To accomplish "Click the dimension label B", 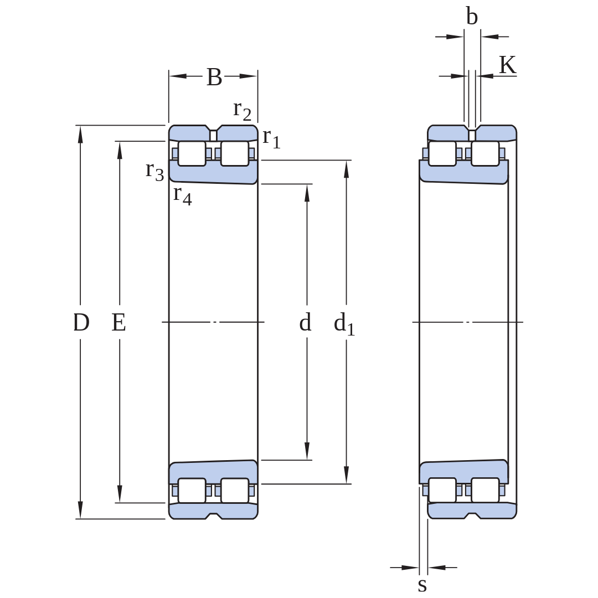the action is pyautogui.click(x=214, y=77).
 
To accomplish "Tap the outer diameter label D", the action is pyautogui.click(x=81, y=322).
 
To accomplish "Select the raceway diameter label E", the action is pyautogui.click(x=118, y=322).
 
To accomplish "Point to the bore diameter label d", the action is pyautogui.click(x=305, y=322).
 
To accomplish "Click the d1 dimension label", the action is pyautogui.click(x=344, y=324).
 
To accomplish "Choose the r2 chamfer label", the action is pyautogui.click(x=243, y=111).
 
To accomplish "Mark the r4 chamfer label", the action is pyautogui.click(x=183, y=195).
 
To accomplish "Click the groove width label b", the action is pyautogui.click(x=472, y=17).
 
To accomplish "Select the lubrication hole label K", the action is pyautogui.click(x=508, y=65).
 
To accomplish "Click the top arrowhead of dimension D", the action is pyautogui.click(x=80, y=134).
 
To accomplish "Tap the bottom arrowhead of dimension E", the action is pyautogui.click(x=120, y=494).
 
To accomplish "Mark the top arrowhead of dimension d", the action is pyautogui.click(x=307, y=193).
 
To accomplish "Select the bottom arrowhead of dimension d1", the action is pyautogui.click(x=346, y=475).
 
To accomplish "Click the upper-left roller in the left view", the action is pyautogui.click(x=192, y=154).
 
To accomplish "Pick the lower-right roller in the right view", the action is pyautogui.click(x=485, y=490).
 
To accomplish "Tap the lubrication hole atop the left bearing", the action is pyautogui.click(x=213, y=136).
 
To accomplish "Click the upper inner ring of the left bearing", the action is pyautogui.click(x=213, y=172).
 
